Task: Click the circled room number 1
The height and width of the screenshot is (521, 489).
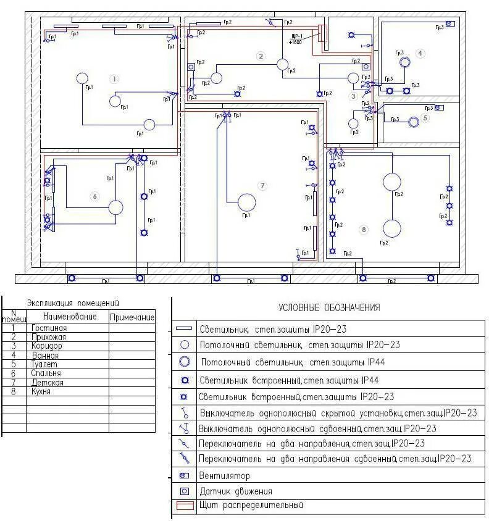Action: pos(114,78)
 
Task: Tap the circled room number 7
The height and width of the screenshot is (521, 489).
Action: pos(262,186)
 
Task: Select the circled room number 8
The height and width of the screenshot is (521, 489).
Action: pos(364,230)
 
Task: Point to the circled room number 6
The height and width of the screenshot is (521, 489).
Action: pos(94,196)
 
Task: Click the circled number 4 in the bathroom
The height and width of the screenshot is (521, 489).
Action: pos(420,53)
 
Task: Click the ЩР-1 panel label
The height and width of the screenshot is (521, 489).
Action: pos(296,36)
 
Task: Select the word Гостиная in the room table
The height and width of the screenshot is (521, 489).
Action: pos(49,328)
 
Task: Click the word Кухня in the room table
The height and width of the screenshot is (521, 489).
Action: pos(43,391)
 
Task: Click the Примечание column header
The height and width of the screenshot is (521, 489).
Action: pos(132,317)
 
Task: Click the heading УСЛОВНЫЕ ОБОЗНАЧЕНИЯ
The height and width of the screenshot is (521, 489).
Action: pos(329,307)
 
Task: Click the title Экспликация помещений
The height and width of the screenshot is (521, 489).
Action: pos(73,303)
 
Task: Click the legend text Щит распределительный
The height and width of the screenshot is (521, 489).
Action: pos(251,506)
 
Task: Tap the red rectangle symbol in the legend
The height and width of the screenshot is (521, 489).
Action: pos(184,506)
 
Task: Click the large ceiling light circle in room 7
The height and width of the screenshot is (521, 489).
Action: pos(246,202)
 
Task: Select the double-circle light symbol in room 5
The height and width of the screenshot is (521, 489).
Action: pos(414,122)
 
